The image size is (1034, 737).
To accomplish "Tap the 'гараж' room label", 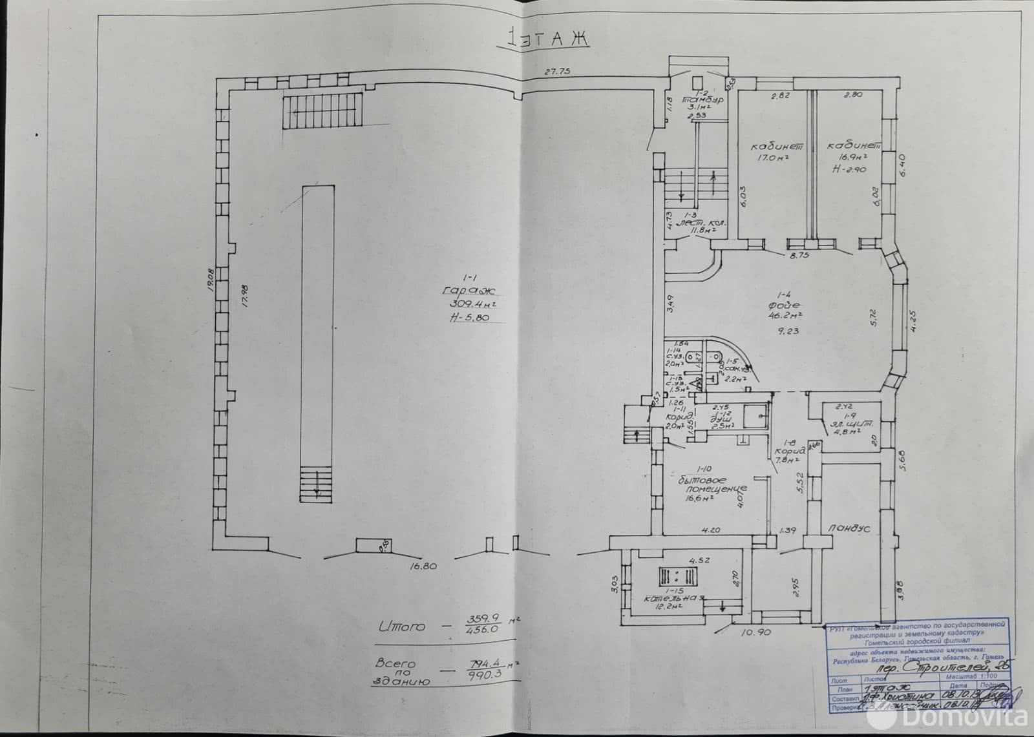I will pyautogui.click(x=461, y=290).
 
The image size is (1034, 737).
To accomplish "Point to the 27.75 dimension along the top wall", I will pyautogui.click(x=560, y=71).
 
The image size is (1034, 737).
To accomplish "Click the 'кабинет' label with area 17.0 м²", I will pyautogui.click(x=767, y=145).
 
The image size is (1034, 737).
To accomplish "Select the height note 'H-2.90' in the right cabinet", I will pyautogui.click(x=850, y=169).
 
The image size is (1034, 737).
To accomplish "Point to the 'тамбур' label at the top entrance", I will pyautogui.click(x=702, y=101).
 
